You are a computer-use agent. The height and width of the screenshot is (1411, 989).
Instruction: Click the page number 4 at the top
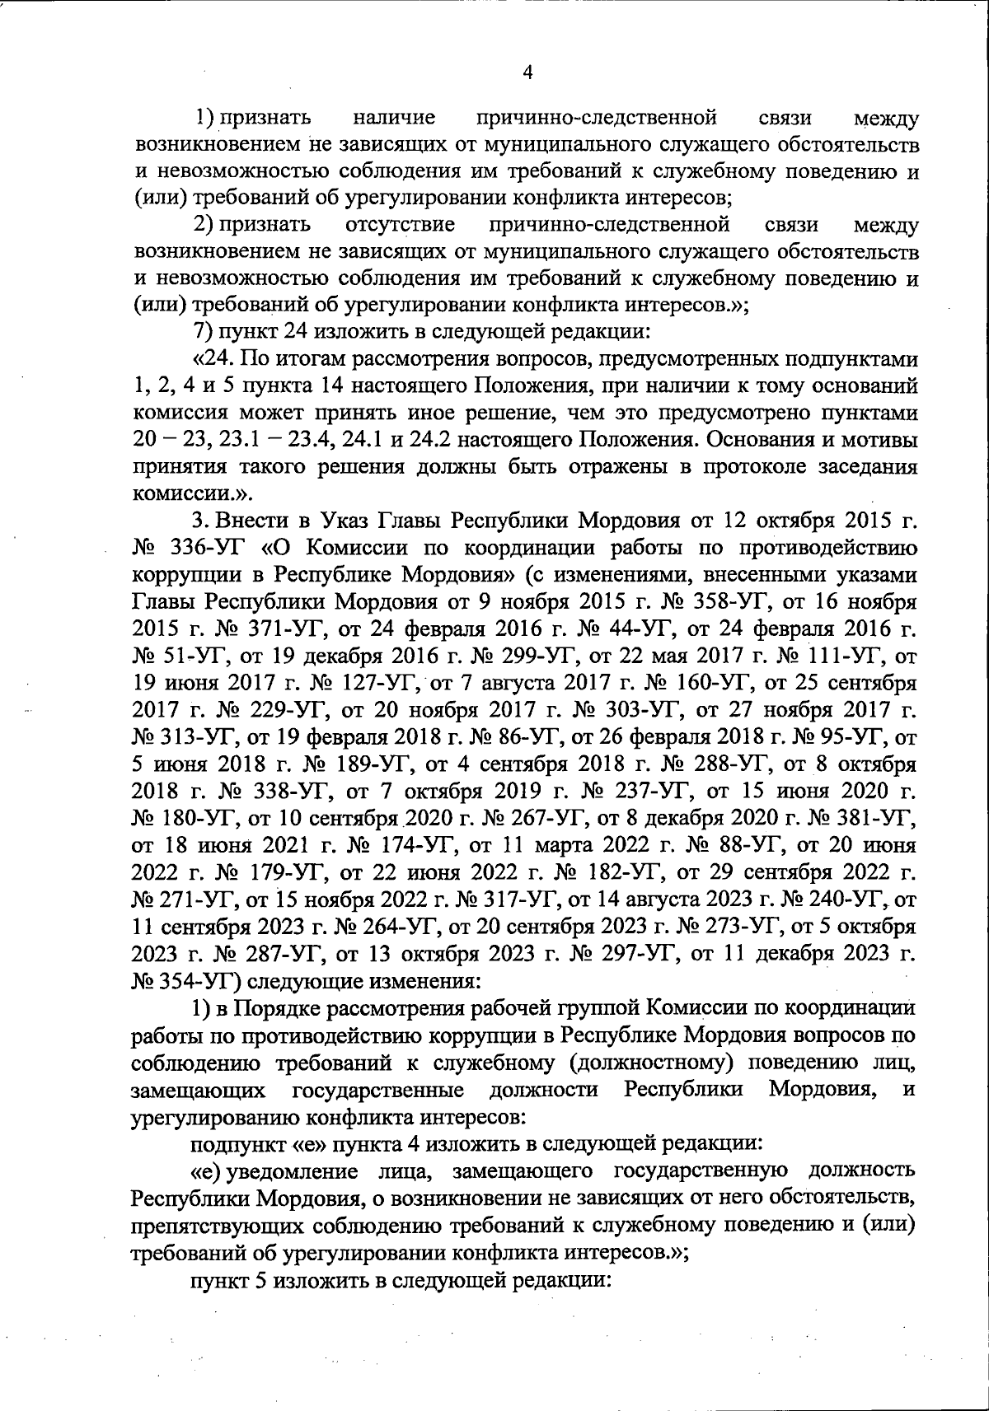pos(528,72)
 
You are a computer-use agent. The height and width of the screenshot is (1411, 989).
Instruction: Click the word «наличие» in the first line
pos(393,117)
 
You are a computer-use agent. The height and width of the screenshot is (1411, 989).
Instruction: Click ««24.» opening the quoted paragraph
pos(213,359)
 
